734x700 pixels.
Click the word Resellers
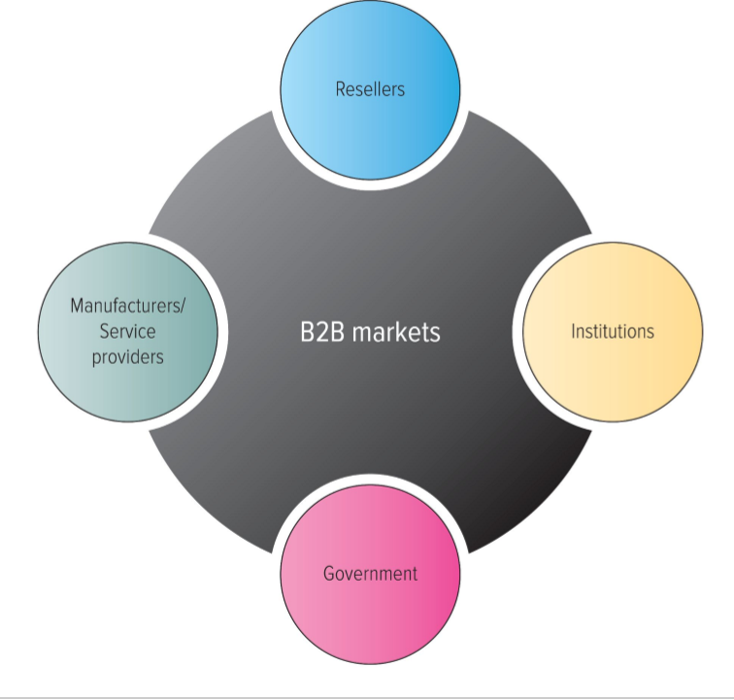[x=370, y=89]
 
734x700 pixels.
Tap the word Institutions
[x=613, y=331]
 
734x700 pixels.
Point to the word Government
[x=370, y=574]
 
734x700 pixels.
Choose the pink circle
[x=370, y=612]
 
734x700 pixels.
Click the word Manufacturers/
[x=127, y=306]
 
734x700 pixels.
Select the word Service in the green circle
[x=127, y=331]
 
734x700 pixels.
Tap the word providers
[x=127, y=357]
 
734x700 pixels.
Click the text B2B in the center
[x=322, y=332]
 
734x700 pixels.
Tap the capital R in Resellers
[x=341, y=89]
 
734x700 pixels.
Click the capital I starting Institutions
[x=573, y=331]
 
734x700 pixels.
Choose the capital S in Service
[x=104, y=331]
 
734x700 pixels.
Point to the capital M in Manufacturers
[x=77, y=306]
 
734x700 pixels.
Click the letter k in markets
[x=406, y=332]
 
